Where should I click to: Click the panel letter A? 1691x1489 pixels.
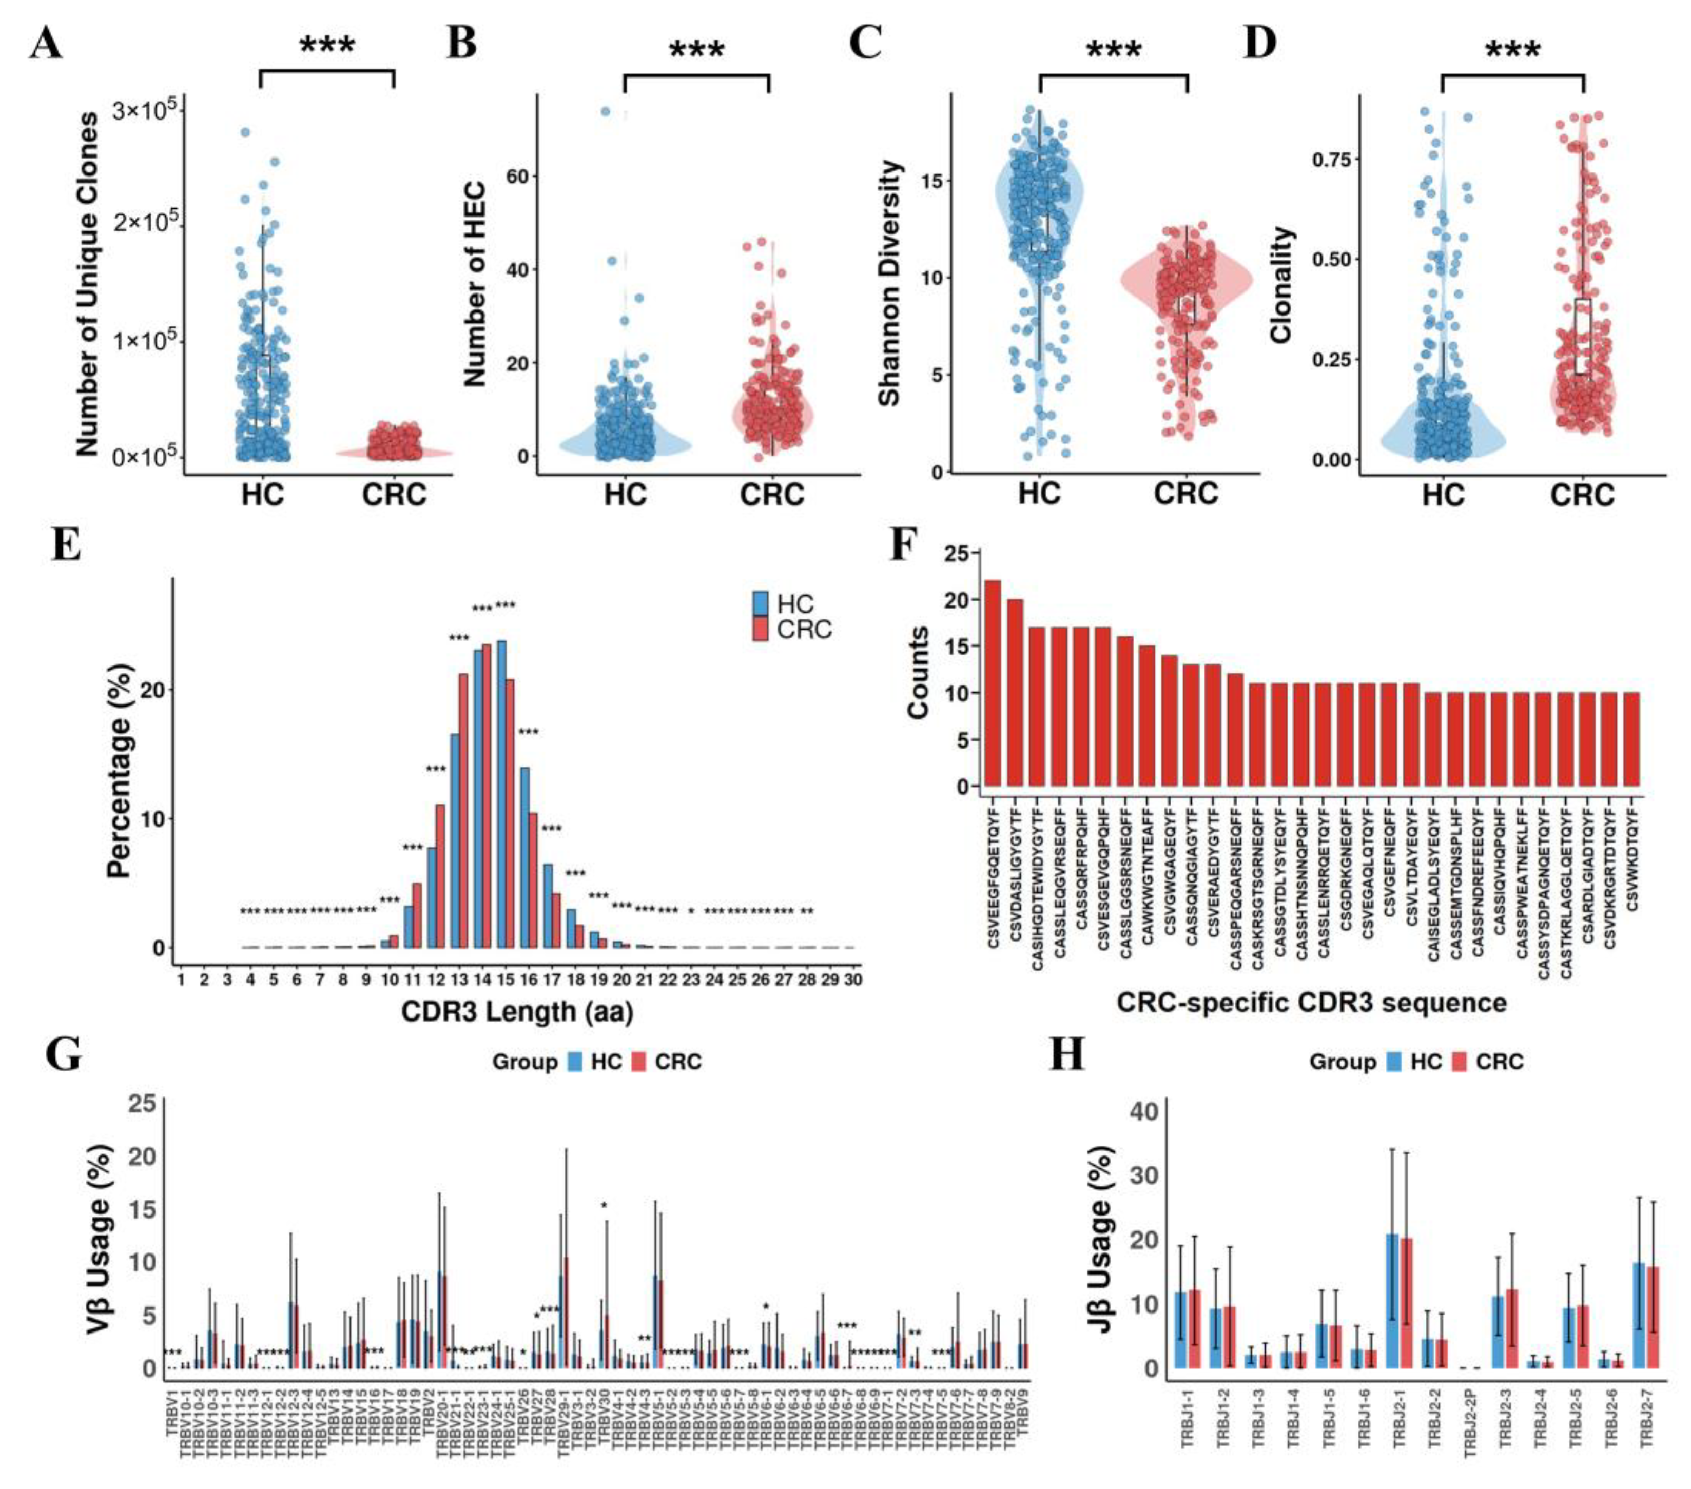point(46,43)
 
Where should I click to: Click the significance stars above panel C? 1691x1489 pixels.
point(1114,50)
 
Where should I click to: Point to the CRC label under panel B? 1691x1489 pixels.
point(771,495)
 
